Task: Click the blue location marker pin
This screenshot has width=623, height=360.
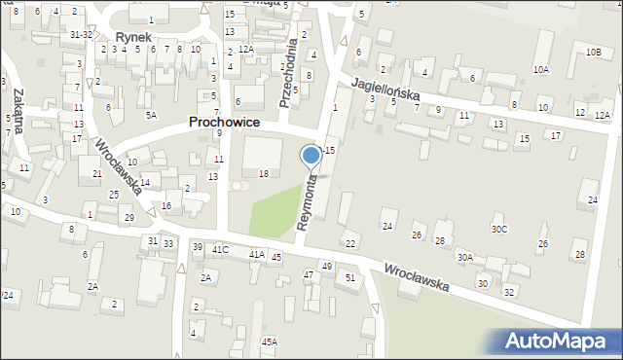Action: pos(311,155)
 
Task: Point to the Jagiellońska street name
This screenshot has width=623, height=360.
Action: pos(385,89)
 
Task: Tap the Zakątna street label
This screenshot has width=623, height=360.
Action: pos(18,101)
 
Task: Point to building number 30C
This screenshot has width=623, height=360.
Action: pos(498,230)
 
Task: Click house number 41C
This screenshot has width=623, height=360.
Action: pos(220,250)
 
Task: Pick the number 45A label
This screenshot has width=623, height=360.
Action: pos(269,342)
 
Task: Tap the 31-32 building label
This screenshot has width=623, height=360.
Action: pos(81,34)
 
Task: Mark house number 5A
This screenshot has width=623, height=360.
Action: pos(151,115)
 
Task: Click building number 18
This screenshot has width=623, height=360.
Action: pos(264,173)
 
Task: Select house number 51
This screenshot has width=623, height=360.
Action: pos(350,277)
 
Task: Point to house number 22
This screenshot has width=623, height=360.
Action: pos(350,243)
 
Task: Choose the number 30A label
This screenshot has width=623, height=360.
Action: pos(465,258)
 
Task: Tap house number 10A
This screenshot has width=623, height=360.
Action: pos(541,70)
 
